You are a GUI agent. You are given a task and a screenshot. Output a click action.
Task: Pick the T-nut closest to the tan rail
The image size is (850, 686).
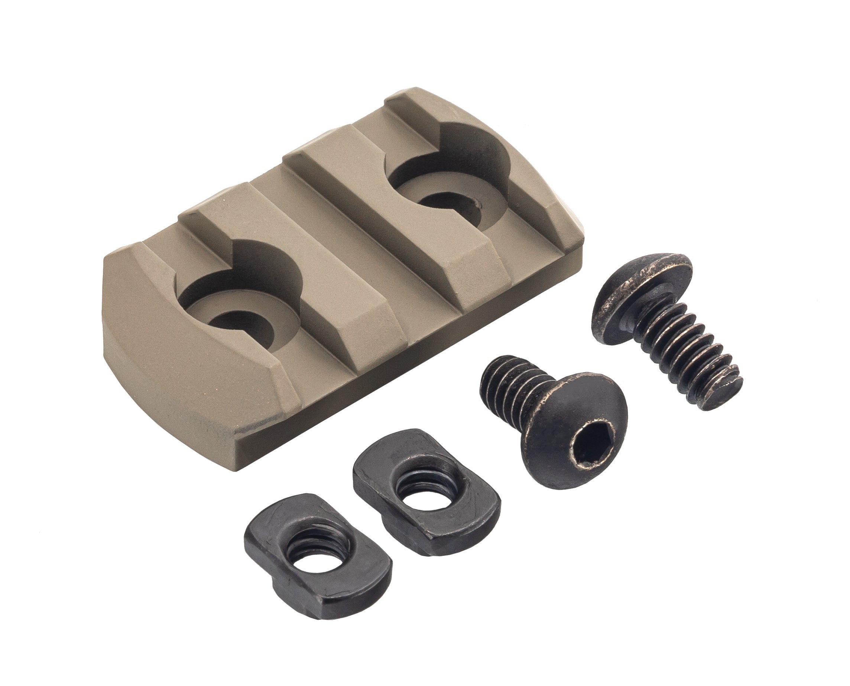426,494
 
